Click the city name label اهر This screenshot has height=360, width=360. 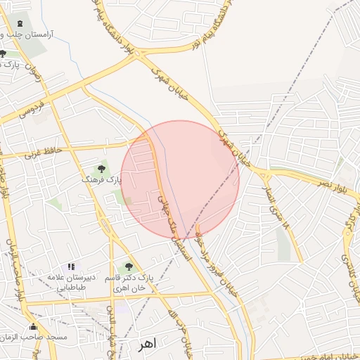coord(146,345)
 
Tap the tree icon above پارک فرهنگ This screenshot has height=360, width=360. coord(102,169)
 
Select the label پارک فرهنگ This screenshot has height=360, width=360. coord(101,181)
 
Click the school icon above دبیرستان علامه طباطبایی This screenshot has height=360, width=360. coord(70,266)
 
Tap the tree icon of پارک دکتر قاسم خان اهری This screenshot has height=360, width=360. coord(128,266)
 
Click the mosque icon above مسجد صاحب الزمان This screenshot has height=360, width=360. coord(33,327)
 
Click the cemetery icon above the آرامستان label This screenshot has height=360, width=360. coord(19,23)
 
